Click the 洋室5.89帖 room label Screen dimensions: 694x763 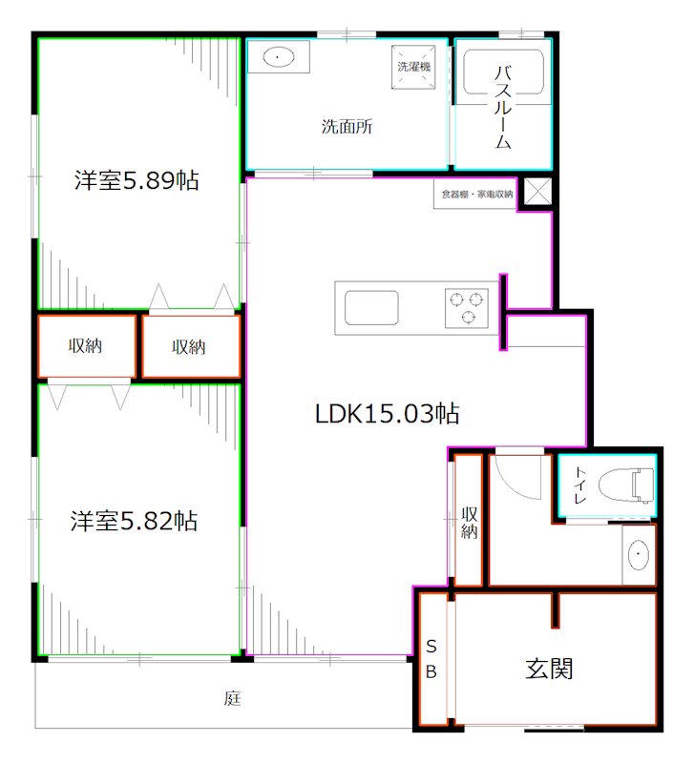(137, 180)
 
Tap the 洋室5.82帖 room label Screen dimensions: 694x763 (134, 521)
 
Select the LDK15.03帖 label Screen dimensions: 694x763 (388, 414)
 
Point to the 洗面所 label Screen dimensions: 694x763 (347, 127)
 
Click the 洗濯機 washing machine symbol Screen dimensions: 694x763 (413, 67)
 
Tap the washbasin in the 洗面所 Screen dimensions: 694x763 (279, 57)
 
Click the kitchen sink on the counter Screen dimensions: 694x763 (371, 307)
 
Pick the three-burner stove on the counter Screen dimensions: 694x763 (466, 308)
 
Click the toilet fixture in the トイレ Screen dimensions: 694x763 (626, 485)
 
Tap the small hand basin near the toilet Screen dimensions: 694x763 (639, 554)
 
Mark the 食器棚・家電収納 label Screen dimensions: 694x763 (477, 195)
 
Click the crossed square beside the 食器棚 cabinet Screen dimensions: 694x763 (537, 192)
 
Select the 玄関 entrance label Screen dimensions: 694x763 (549, 669)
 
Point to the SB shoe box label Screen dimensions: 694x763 (431, 659)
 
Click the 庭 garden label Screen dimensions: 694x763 (232, 698)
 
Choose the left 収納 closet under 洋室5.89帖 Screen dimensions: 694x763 (86, 346)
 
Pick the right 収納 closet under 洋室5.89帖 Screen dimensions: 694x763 (191, 346)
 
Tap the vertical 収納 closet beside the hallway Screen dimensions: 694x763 (469, 520)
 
